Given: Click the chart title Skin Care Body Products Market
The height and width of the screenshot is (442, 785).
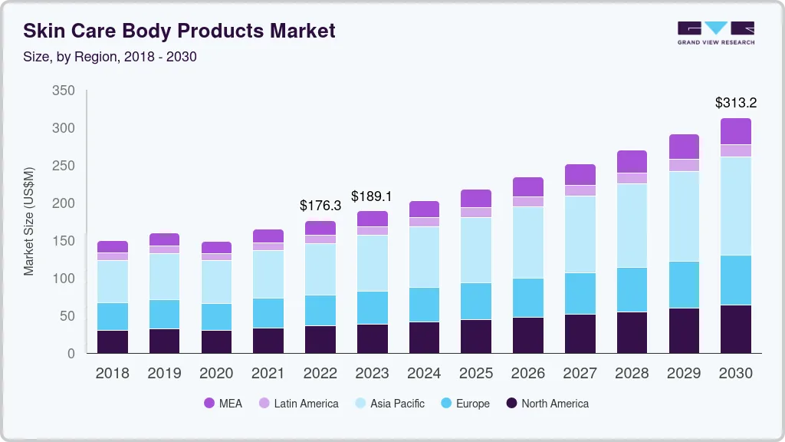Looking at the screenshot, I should tap(179, 31).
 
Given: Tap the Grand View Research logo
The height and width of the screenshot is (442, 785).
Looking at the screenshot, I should tap(715, 33).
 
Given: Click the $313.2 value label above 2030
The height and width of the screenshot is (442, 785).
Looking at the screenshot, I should tap(735, 102).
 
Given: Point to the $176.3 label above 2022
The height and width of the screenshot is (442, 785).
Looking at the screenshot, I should tap(320, 206).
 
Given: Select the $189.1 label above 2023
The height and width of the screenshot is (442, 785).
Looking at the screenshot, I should tap(372, 196).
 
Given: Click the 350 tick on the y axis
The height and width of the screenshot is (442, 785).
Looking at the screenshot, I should tap(64, 91).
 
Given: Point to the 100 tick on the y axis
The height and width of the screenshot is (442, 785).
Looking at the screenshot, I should tap(64, 279).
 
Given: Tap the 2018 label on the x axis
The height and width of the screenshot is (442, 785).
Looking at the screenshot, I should tap(113, 374).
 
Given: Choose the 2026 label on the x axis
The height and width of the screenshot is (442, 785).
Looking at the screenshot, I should tap(527, 374).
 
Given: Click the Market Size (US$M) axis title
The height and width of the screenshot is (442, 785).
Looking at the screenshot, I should tap(29, 221).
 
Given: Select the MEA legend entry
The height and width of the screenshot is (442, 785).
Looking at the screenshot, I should tap(222, 404).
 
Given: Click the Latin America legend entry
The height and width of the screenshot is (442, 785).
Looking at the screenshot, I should tap(298, 404).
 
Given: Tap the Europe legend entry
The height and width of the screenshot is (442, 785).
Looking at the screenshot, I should tap(464, 404).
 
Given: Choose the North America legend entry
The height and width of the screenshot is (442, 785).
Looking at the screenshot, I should tap(547, 404).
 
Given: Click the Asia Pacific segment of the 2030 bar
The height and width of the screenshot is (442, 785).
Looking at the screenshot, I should tap(736, 206).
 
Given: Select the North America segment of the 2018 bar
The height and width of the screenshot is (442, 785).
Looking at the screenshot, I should tap(113, 341).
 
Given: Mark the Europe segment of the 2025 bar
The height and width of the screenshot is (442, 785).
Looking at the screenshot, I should tap(476, 301).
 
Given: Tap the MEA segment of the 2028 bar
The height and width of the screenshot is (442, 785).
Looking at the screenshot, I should tap(632, 161).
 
